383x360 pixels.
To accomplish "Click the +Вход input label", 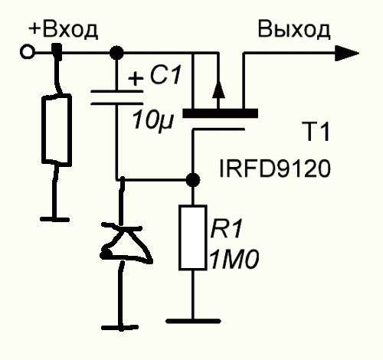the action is click(x=63, y=31).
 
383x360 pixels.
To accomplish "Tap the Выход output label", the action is click(x=294, y=30).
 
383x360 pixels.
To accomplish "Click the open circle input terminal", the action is click(x=27, y=52).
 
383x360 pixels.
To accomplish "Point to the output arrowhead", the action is click(x=347, y=53).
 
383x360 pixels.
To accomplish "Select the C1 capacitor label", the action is click(x=165, y=75).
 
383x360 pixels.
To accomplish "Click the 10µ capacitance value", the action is click(x=152, y=120).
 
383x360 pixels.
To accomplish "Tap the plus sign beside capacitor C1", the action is click(x=136, y=77).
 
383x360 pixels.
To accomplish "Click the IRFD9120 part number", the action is click(x=275, y=169).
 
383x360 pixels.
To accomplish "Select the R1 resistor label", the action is click(x=226, y=228).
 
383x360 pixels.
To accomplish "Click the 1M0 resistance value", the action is click(x=234, y=260).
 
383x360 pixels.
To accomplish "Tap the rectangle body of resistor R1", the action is click(x=192, y=237).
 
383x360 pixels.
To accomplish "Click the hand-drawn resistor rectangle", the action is click(x=56, y=130).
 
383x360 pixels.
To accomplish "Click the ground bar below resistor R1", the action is click(x=193, y=321).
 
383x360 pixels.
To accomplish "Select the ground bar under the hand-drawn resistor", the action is click(x=54, y=219).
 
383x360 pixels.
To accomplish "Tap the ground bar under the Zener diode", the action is click(x=120, y=327).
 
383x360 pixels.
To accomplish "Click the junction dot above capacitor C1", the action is click(x=116, y=53).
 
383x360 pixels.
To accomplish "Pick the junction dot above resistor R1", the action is click(x=193, y=180).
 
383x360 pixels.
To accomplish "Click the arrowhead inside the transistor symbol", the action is click(x=218, y=89).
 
